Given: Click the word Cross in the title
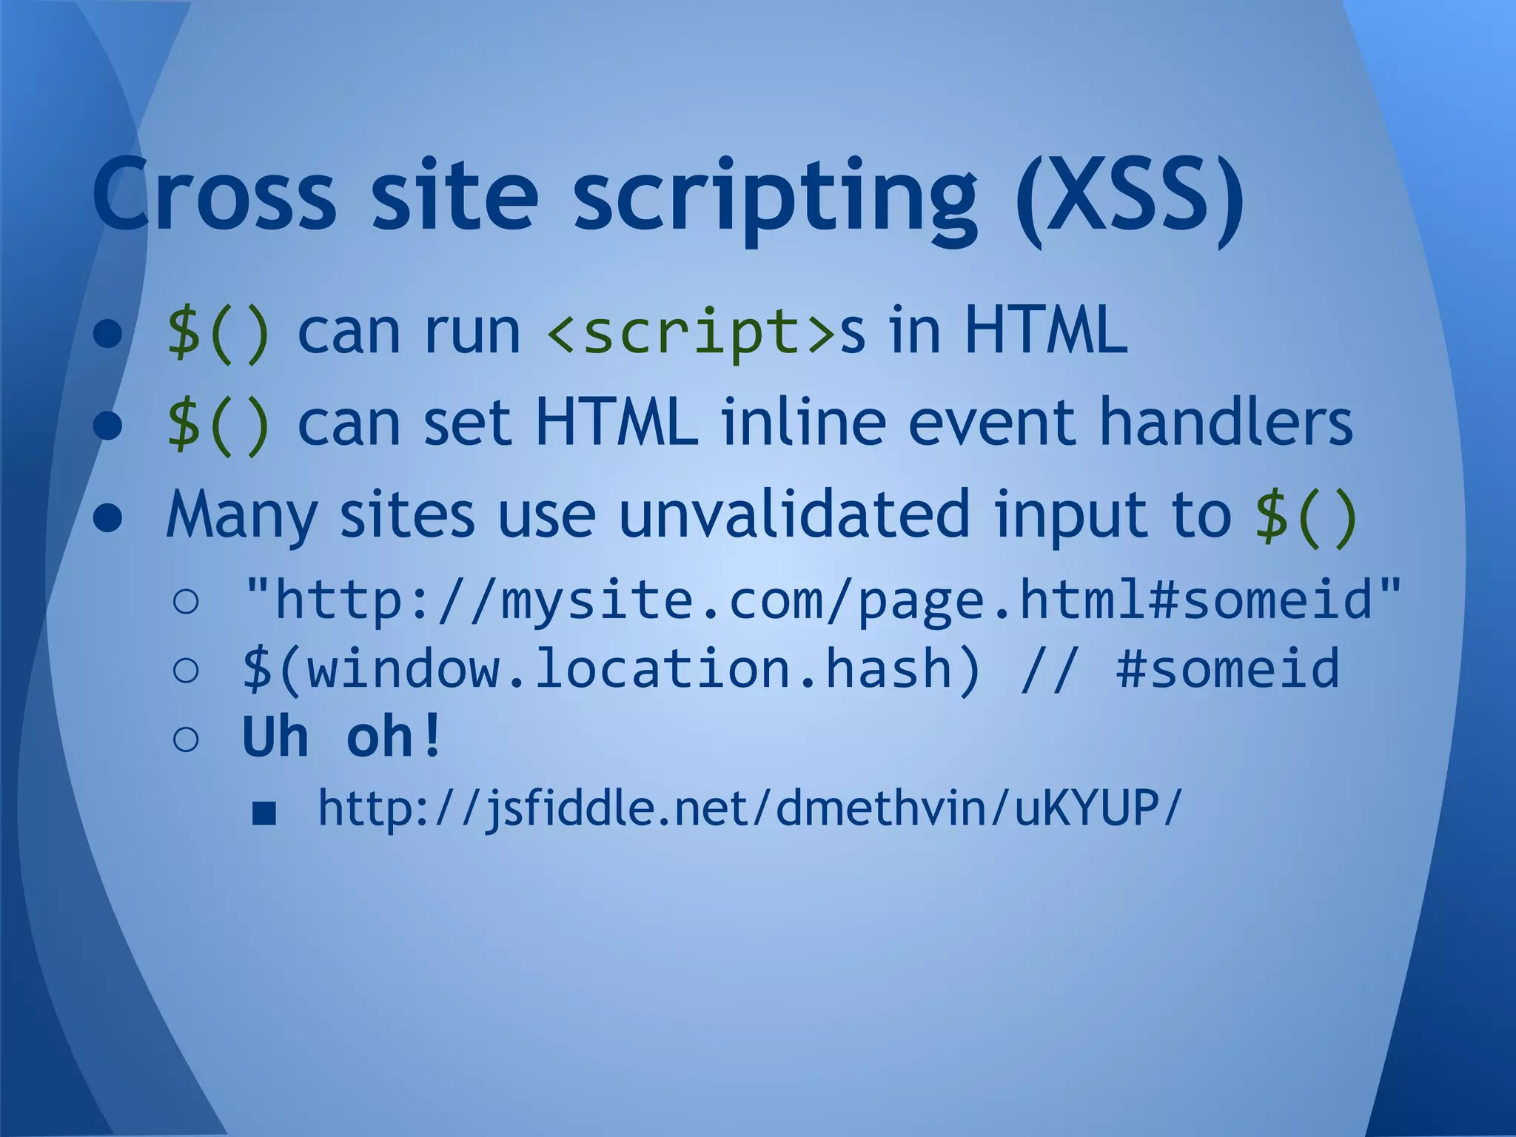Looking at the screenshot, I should (215, 194).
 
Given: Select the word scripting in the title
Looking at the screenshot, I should (774, 198).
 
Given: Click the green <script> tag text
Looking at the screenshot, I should (691, 333).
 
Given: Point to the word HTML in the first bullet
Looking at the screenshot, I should (1045, 331).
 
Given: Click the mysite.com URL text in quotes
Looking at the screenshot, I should (822, 600).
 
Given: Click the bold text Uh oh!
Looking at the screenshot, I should (342, 737).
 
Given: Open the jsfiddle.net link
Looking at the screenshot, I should (749, 808).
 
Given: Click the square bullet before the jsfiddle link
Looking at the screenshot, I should (264, 814).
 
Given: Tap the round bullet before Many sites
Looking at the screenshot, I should (108, 519).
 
